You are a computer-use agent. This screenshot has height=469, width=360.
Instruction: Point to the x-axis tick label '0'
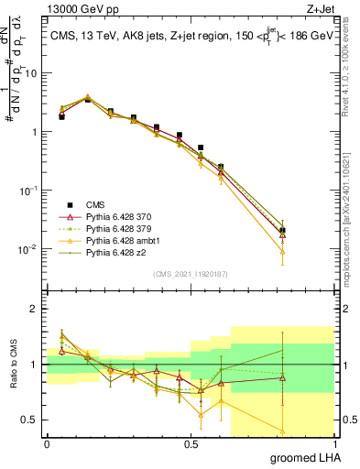[x=47, y=444]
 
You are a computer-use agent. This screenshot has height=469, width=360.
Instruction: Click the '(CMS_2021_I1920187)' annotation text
[x=191, y=274]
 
